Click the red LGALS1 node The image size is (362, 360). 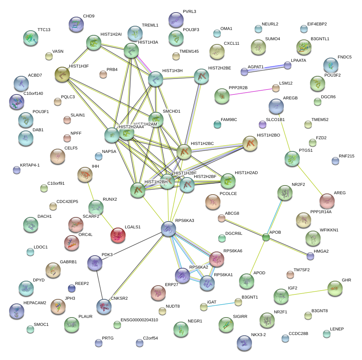(118, 236)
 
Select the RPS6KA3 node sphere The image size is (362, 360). (168, 228)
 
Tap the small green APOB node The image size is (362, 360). (266, 237)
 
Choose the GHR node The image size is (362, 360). (335, 289)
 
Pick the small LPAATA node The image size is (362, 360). (288, 66)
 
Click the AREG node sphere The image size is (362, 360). (327, 201)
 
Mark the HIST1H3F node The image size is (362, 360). (62, 75)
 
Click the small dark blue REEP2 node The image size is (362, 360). (71, 289)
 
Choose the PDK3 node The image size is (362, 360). (95, 263)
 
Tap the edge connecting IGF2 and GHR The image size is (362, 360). (308, 292)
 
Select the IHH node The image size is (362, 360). (85, 174)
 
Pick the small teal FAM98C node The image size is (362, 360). (217, 124)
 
